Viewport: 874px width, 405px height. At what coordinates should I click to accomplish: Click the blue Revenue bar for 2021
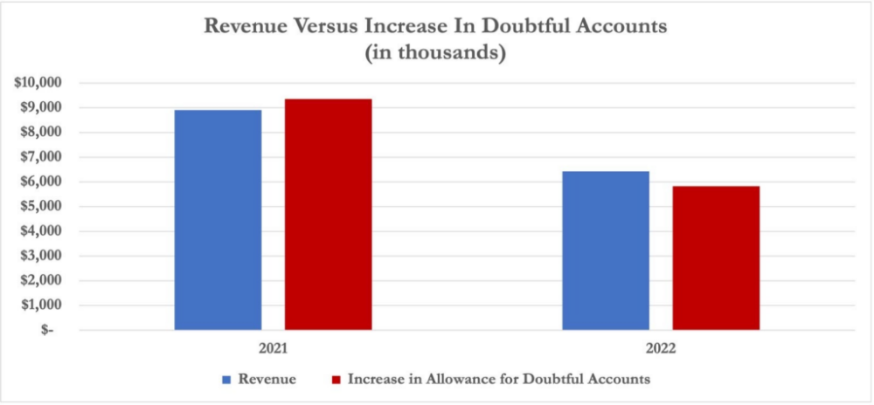(218, 220)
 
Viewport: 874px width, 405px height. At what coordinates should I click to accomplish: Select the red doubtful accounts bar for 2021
(328, 215)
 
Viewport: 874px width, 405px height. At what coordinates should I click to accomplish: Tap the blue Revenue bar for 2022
(606, 251)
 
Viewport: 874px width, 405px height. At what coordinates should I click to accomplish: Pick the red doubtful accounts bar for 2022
(716, 258)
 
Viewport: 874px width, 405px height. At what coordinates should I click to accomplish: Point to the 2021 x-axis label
(274, 347)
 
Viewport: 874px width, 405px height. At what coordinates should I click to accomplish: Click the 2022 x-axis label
(661, 347)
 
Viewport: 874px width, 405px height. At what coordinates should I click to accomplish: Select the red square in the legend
(335, 380)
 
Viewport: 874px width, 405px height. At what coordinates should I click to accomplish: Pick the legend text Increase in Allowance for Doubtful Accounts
(499, 380)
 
